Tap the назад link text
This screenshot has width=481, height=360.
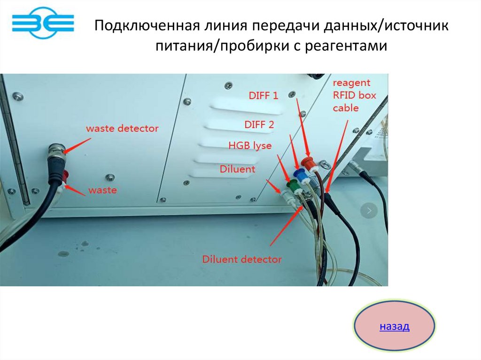[395, 326]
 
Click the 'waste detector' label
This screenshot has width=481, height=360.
[122, 128]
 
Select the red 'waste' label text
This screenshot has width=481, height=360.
[102, 191]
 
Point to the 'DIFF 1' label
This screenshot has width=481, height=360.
[263, 96]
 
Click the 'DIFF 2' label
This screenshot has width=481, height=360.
[259, 124]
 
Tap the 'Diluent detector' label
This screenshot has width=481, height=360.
[242, 259]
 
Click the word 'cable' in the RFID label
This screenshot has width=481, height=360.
[346, 108]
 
